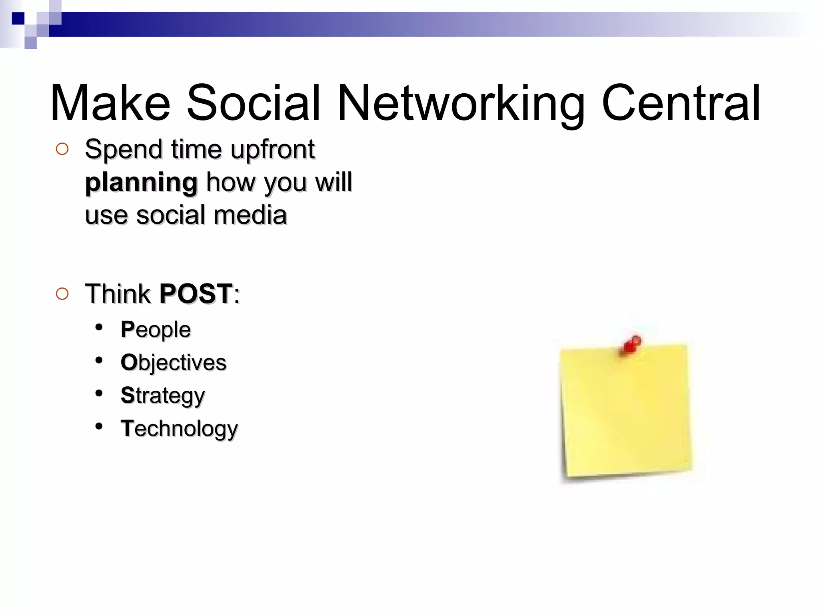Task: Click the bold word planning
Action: tap(141, 183)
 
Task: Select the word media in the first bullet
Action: tap(250, 215)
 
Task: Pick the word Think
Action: tap(118, 293)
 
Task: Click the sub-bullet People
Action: tap(156, 330)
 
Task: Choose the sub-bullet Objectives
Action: tap(174, 363)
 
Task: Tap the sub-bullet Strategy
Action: tap(163, 396)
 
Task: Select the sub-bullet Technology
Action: tap(179, 429)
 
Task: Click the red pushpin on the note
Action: tap(631, 345)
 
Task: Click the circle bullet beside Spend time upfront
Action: tap(62, 149)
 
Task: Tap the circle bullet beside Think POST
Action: tap(62, 294)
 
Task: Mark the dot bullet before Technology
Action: tap(99, 426)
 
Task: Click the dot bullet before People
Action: tap(99, 328)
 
